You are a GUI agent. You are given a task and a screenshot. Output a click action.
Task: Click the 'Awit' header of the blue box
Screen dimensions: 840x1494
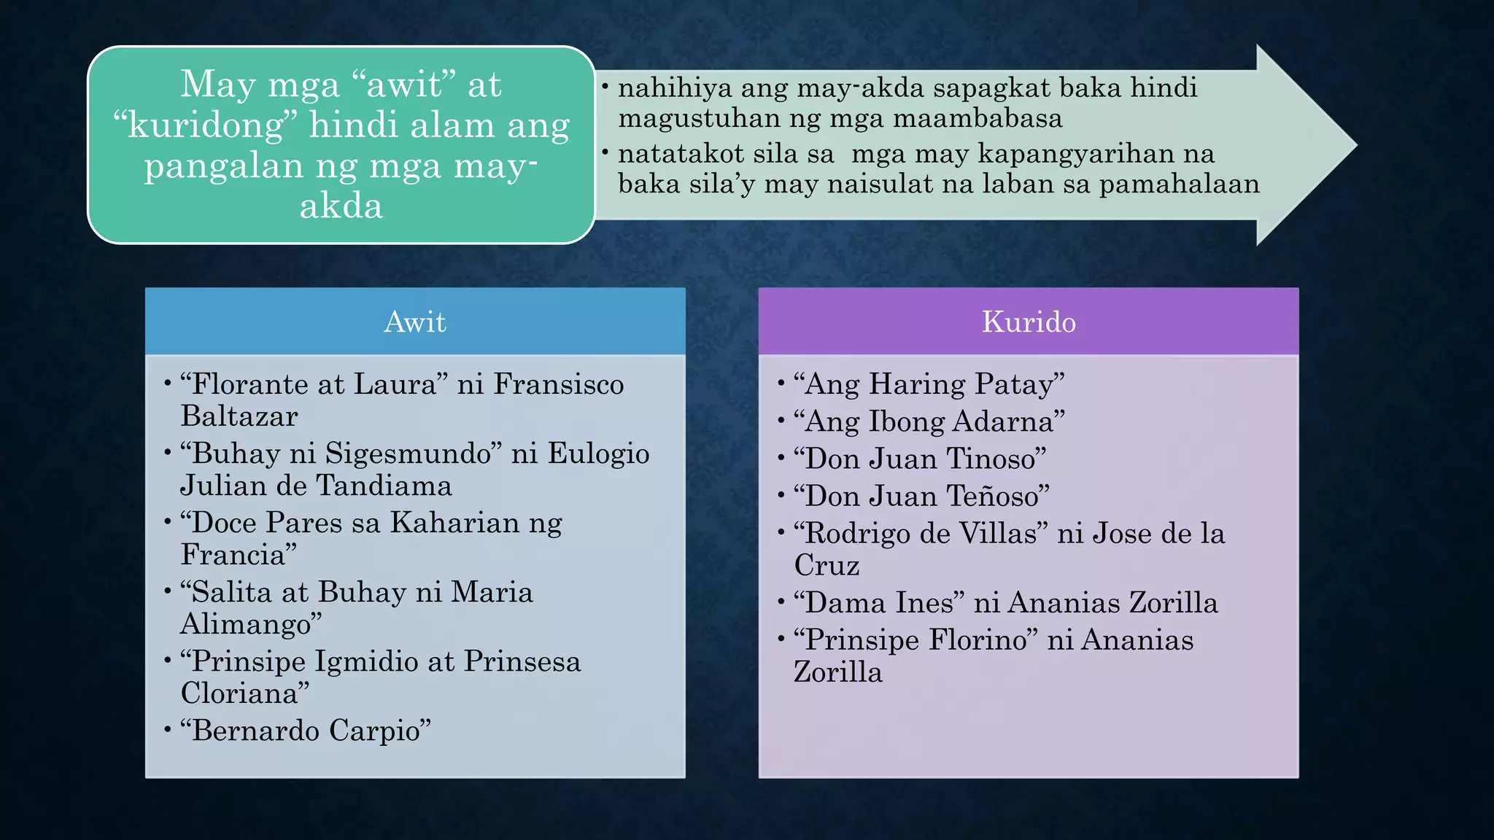(x=414, y=322)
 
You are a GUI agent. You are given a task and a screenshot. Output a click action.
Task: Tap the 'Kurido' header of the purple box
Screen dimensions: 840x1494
(x=1029, y=322)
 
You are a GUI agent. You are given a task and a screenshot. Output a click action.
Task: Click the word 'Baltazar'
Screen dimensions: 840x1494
(x=239, y=416)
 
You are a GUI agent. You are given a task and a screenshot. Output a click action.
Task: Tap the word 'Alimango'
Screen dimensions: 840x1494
(x=248, y=624)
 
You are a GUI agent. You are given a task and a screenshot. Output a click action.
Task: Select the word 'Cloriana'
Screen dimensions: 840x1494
(x=241, y=693)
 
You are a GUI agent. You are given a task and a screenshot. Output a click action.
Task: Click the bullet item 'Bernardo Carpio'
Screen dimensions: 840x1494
(x=306, y=731)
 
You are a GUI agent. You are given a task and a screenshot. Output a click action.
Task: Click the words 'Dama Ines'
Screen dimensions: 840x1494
(x=880, y=603)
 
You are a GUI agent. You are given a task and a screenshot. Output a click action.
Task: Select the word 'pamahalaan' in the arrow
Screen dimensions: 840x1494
(x=1179, y=184)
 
